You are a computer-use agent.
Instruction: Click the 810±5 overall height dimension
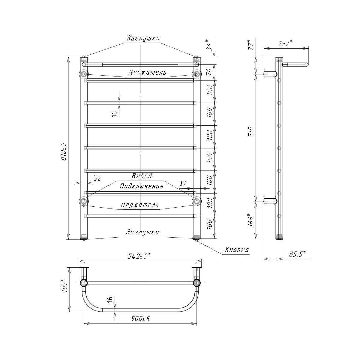click(x=64, y=151)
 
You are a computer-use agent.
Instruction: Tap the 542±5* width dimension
click(x=139, y=256)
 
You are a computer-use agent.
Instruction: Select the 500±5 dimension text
click(x=140, y=319)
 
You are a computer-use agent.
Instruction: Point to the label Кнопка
click(x=237, y=250)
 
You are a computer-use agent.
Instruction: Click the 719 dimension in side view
click(x=252, y=131)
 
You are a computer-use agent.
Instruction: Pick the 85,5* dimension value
click(x=297, y=254)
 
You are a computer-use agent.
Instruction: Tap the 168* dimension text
click(x=251, y=220)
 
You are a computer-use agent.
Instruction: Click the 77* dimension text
click(x=251, y=45)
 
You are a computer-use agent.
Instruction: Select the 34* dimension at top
click(x=209, y=45)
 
